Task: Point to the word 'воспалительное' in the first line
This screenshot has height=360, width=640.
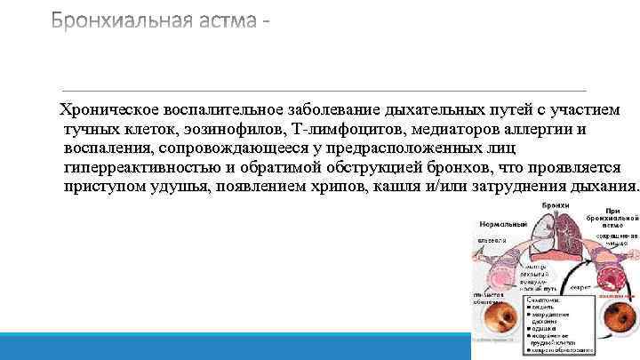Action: click(x=223, y=109)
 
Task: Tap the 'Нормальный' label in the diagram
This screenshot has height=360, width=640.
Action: click(x=502, y=225)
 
